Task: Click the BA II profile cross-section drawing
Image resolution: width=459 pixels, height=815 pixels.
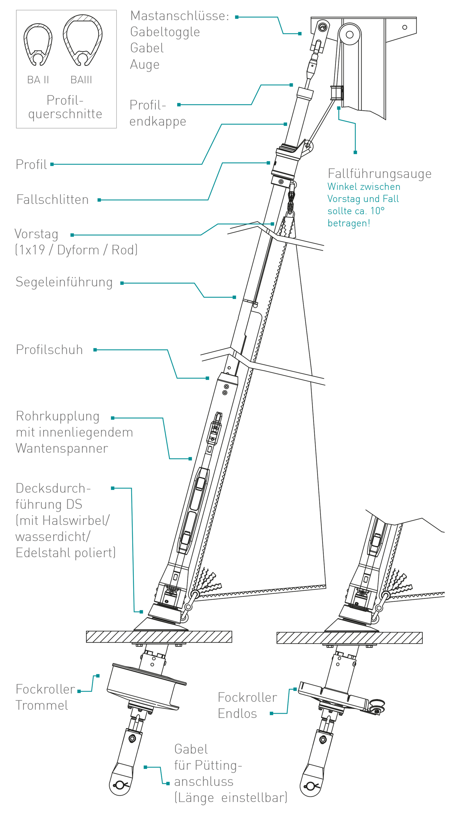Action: (38, 44)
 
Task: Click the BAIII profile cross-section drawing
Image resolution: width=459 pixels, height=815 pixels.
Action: (82, 40)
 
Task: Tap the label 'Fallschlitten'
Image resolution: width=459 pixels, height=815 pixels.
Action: (52, 200)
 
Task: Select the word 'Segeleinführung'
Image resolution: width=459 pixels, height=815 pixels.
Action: (64, 282)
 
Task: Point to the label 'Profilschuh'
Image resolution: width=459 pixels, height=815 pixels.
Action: (49, 350)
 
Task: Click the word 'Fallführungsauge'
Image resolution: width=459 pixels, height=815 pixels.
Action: (379, 174)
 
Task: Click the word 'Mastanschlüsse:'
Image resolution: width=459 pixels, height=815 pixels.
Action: (179, 16)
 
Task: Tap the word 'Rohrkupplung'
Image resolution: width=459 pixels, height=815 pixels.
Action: (58, 416)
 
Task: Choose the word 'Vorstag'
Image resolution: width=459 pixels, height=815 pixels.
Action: (36, 234)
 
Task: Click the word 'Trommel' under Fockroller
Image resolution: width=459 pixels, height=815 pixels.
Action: (42, 705)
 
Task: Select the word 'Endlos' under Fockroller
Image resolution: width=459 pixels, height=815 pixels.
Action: (237, 713)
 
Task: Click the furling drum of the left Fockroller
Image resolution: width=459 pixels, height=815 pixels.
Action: (144, 687)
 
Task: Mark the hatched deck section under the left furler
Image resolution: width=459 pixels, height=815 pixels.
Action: (159, 637)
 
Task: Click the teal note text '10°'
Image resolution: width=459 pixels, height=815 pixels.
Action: (378, 211)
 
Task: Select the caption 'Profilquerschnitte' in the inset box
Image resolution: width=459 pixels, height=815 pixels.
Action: (65, 107)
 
